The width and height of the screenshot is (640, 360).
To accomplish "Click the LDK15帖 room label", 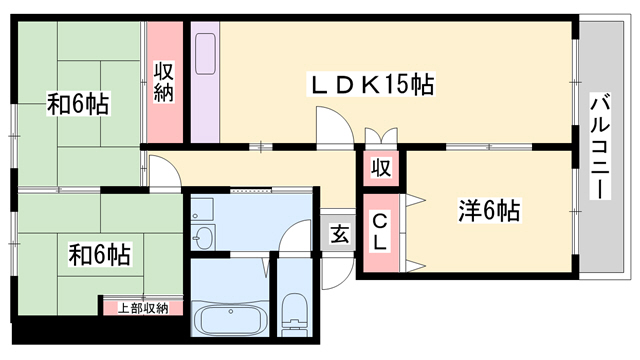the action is [x=371, y=85].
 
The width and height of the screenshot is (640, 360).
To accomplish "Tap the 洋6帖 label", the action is [x=489, y=211].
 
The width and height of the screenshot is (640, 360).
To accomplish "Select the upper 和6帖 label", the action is [x=78, y=104].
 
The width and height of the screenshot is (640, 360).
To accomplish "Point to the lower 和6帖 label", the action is [x=99, y=255].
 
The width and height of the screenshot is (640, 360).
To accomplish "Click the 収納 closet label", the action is [x=163, y=82].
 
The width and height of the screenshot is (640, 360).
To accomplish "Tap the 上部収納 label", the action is [x=143, y=308].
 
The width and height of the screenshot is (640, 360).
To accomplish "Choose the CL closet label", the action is [x=380, y=232].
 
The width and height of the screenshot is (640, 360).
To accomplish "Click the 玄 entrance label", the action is [x=339, y=235].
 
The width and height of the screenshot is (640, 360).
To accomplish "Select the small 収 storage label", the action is [x=381, y=168].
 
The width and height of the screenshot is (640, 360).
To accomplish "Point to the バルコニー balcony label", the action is [x=600, y=147].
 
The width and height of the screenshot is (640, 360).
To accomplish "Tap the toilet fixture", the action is [x=294, y=314].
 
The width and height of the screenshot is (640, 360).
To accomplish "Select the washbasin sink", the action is [x=203, y=237].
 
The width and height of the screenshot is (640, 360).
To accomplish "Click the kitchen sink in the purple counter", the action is [x=205, y=53].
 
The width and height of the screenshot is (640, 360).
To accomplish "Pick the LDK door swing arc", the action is [x=335, y=124].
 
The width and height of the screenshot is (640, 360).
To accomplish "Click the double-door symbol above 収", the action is [x=381, y=136].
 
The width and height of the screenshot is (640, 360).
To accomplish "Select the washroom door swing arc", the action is [x=295, y=236].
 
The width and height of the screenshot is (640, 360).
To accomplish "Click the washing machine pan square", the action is [x=202, y=210].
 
